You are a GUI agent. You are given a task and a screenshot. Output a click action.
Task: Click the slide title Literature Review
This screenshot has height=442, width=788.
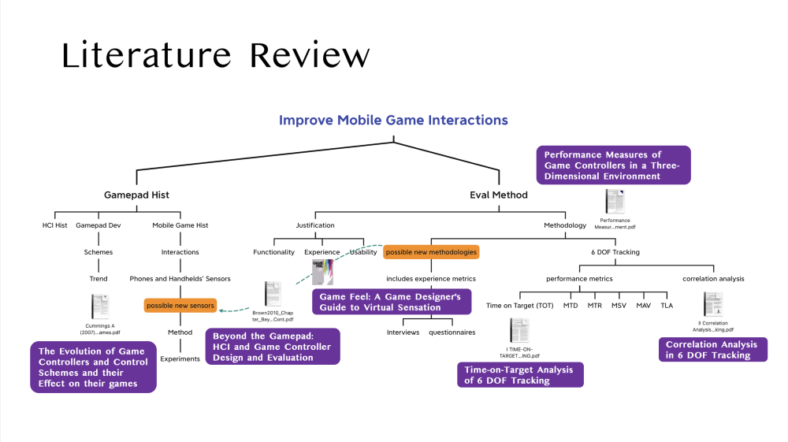[x=215, y=56]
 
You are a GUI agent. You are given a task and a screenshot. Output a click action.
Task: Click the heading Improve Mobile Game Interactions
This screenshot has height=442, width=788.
[x=393, y=121]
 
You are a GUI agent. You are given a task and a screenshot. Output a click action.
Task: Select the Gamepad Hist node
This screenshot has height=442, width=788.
[x=137, y=195]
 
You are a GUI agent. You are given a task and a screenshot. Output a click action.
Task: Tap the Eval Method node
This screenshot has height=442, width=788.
[x=499, y=195]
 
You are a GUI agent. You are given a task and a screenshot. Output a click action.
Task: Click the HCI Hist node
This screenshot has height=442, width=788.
[x=55, y=225]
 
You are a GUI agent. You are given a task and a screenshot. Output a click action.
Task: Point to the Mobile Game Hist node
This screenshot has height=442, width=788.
[x=180, y=225]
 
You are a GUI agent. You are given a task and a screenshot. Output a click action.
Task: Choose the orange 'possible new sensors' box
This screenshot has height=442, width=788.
[x=180, y=305]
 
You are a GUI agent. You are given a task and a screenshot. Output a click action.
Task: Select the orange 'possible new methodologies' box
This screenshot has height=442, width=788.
[x=431, y=252]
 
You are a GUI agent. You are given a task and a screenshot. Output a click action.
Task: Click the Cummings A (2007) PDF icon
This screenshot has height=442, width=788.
[x=100, y=306]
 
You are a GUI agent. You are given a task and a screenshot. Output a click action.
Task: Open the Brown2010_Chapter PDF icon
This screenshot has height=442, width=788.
[x=273, y=293]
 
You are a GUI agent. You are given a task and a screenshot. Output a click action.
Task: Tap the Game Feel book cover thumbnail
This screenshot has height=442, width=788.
[x=323, y=271]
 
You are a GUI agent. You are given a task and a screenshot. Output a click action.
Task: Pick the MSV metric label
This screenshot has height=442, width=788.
[x=619, y=305]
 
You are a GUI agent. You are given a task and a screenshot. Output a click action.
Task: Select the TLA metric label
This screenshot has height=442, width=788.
[x=667, y=305]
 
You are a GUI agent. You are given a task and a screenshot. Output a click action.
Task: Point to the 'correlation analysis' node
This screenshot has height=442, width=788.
[x=713, y=278]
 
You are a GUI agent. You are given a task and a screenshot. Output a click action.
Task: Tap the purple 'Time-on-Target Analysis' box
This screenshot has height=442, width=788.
[x=520, y=375]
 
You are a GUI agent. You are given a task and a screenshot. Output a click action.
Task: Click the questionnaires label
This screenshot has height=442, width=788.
[x=452, y=332]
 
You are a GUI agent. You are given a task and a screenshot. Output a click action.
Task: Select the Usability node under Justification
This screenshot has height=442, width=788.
[x=363, y=252]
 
